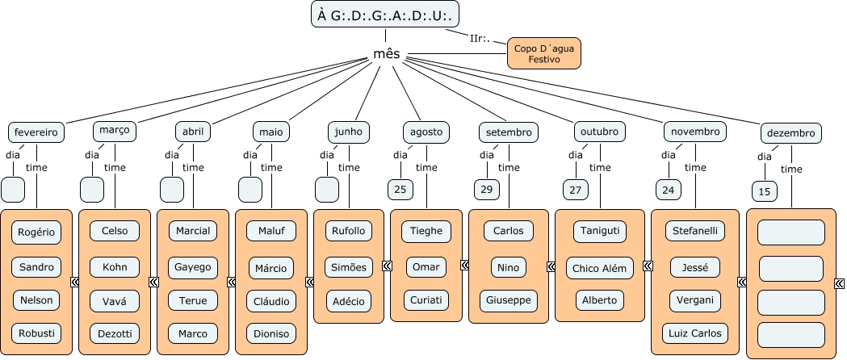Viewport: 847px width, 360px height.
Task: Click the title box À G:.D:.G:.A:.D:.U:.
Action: (x=385, y=15)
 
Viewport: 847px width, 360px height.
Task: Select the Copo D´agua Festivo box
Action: (x=543, y=53)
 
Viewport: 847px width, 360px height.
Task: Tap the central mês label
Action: (x=386, y=54)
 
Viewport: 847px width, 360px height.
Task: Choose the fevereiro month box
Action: (x=36, y=132)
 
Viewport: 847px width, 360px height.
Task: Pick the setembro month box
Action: (x=508, y=132)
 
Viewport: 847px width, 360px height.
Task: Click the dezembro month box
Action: (x=791, y=133)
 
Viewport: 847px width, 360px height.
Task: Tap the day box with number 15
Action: (x=765, y=191)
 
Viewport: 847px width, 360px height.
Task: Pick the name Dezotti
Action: (x=115, y=333)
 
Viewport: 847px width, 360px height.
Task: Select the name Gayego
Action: (x=193, y=266)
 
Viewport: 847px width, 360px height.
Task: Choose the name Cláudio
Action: (x=271, y=300)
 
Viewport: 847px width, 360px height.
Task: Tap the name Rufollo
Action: (x=349, y=231)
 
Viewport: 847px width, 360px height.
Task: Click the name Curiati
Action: (x=426, y=299)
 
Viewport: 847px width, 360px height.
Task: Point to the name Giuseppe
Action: (x=509, y=300)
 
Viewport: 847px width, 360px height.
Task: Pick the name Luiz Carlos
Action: (x=695, y=333)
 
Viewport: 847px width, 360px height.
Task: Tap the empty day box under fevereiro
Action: (x=14, y=190)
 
